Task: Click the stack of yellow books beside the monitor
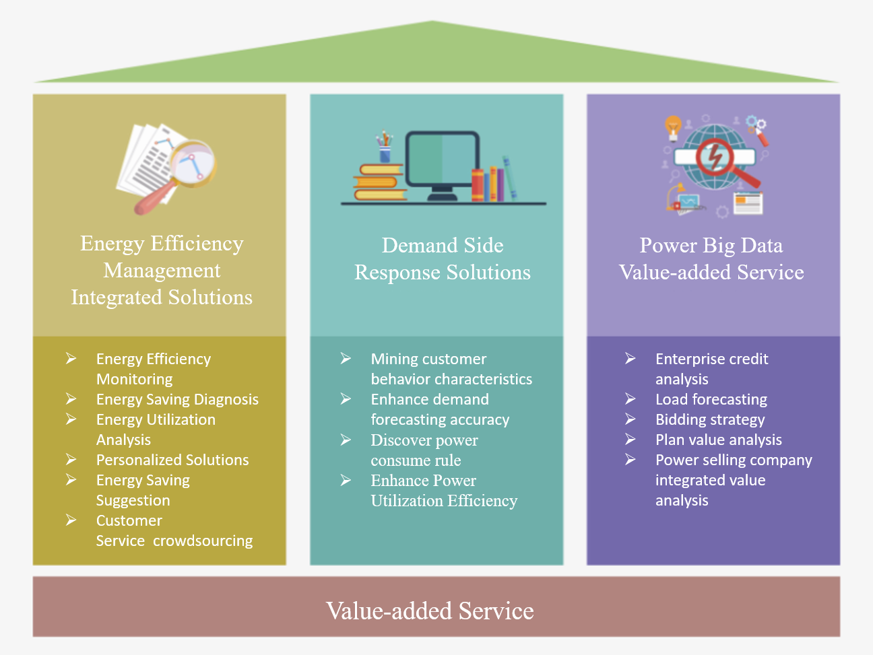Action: pyautogui.click(x=379, y=183)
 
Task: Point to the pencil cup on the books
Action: pyautogui.click(x=385, y=148)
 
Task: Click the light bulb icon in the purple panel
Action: pyautogui.click(x=673, y=126)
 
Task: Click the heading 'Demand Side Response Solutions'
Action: pyautogui.click(x=443, y=258)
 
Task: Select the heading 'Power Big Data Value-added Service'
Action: pyautogui.click(x=711, y=258)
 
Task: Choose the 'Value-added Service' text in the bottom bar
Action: pyautogui.click(x=430, y=611)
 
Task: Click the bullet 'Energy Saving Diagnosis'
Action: pyautogui.click(x=177, y=399)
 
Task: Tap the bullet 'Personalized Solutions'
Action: pyautogui.click(x=172, y=460)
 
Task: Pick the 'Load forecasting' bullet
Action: pyautogui.click(x=711, y=399)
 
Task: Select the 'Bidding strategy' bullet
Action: pyautogui.click(x=710, y=419)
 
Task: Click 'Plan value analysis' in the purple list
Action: pyautogui.click(x=719, y=440)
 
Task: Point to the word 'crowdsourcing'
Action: pyautogui.click(x=203, y=541)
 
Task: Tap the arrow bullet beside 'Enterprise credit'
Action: pyautogui.click(x=630, y=358)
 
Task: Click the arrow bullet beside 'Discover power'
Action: pyautogui.click(x=346, y=440)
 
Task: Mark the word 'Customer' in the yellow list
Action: pyautogui.click(x=129, y=520)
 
